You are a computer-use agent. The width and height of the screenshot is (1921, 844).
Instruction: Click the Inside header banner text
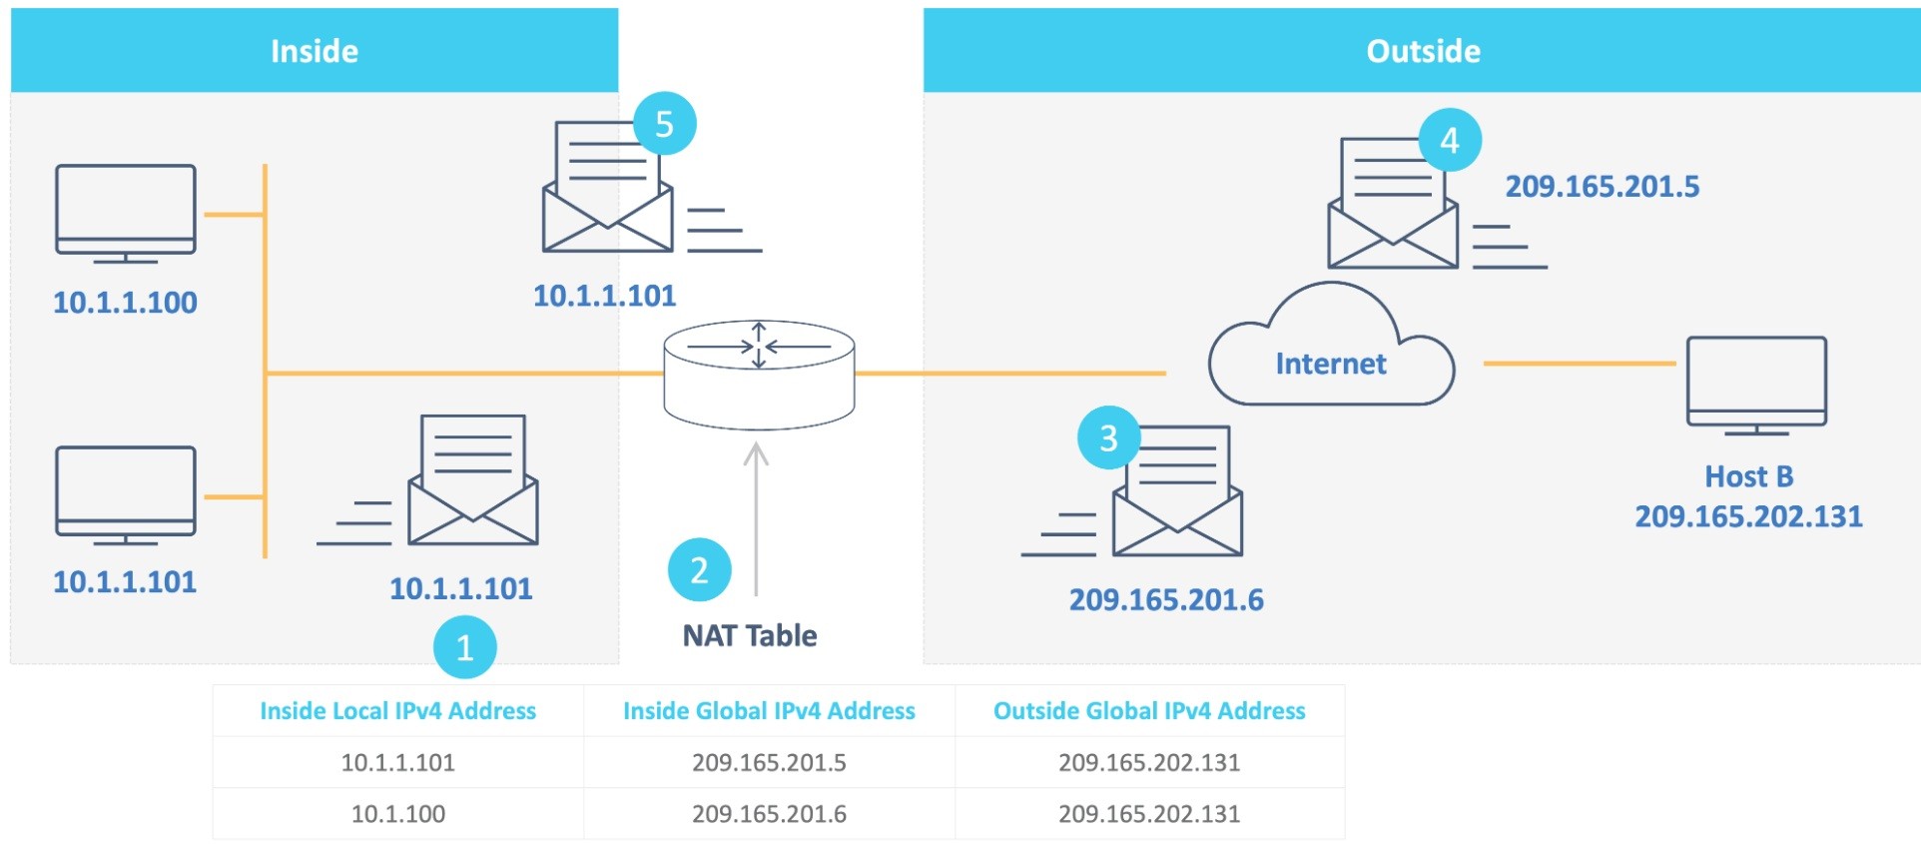pyautogui.click(x=315, y=51)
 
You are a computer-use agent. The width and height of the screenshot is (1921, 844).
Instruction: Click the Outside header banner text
pyautogui.click(x=1423, y=51)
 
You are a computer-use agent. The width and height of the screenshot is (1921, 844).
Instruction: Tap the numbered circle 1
pyautogui.click(x=464, y=648)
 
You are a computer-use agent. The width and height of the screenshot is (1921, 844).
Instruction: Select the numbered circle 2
pyautogui.click(x=699, y=570)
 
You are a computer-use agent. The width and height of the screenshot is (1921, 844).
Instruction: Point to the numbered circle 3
pyautogui.click(x=1108, y=437)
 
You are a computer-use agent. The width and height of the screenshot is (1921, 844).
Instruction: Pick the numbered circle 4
pyautogui.click(x=1449, y=140)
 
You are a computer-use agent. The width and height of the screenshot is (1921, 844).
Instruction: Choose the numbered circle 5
pyautogui.click(x=664, y=124)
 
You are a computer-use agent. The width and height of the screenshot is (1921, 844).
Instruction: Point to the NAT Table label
pyautogui.click(x=750, y=635)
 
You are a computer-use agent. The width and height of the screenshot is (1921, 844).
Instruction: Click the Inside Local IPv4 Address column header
pyautogui.click(x=397, y=711)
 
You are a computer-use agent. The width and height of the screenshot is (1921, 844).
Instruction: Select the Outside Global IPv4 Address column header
pyautogui.click(x=1149, y=711)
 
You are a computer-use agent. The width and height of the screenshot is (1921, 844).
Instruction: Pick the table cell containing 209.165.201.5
pyautogui.click(x=769, y=763)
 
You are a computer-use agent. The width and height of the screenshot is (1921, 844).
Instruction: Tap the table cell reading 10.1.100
pyautogui.click(x=397, y=814)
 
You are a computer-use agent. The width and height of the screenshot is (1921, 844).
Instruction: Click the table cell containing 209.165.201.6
pyautogui.click(x=769, y=814)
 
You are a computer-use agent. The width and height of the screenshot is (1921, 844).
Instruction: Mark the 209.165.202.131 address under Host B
pyautogui.click(x=1748, y=516)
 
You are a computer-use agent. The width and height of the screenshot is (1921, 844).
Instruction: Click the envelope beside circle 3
pyautogui.click(x=1178, y=494)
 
